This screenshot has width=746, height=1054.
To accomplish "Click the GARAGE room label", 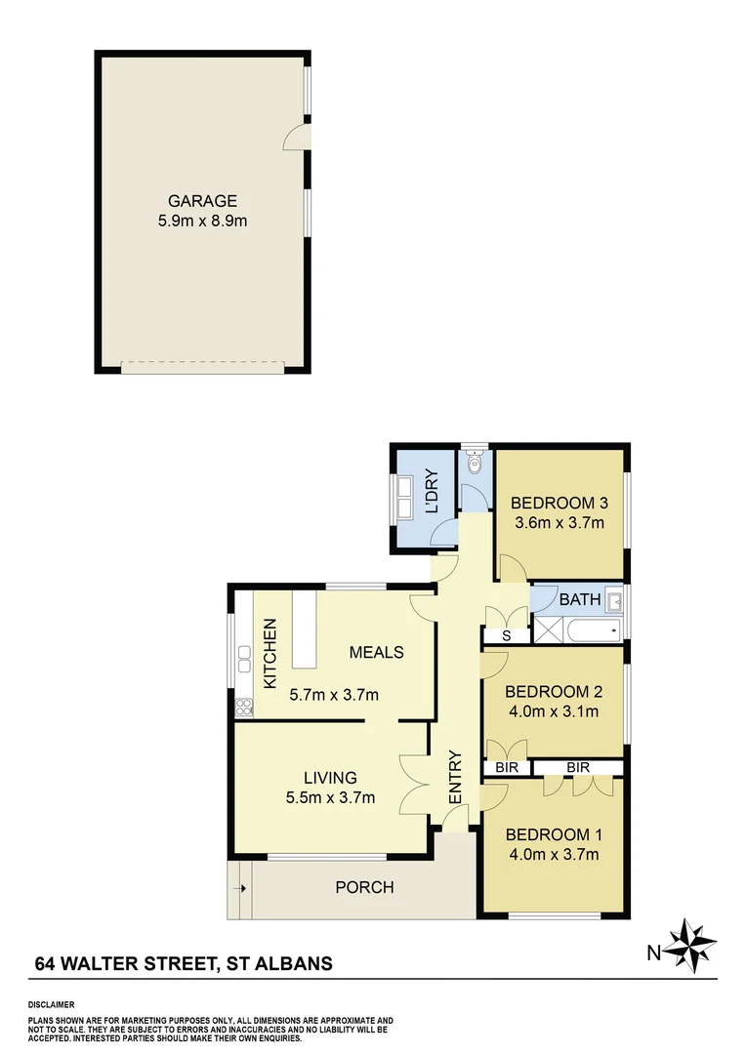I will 203,202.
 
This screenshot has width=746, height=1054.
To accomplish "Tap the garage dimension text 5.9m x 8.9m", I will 203,221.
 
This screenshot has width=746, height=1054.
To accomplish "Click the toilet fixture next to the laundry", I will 474,466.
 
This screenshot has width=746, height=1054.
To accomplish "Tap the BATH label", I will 573,599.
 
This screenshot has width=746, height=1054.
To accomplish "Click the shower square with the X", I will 546,629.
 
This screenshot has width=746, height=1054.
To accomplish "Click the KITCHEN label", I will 271,652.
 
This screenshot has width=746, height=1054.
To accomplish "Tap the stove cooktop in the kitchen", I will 243,707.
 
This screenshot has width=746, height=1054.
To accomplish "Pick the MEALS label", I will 377,652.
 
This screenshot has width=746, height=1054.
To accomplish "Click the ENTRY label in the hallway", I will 455,778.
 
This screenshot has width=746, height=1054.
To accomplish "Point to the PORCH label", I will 364,887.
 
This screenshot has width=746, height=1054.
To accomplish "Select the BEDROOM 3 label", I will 559,504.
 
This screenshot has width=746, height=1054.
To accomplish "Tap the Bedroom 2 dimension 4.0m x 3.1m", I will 554,711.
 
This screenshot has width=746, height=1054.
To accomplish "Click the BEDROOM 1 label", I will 553,834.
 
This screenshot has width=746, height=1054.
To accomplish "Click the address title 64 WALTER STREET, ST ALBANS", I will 184,963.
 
